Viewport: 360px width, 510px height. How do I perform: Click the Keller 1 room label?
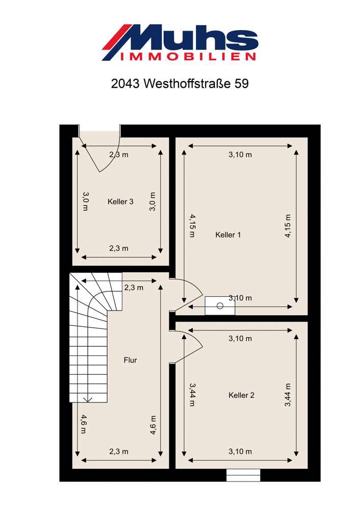pos(228,235)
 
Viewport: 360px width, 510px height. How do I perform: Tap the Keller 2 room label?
pos(241,395)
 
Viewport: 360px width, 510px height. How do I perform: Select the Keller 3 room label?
pos(120,201)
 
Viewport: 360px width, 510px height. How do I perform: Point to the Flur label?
pos(131,360)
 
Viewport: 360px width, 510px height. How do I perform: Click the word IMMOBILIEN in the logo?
pos(188,57)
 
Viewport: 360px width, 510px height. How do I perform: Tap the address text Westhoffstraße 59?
pos(196,84)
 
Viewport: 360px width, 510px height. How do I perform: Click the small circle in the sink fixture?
pos(220,305)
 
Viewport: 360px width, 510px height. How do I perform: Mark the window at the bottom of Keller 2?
pos(243,475)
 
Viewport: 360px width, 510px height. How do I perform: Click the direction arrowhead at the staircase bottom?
pos(88,400)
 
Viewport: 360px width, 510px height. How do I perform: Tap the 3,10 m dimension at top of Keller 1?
pos(240,155)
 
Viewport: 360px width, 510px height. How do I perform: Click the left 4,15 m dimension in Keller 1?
pos(193,225)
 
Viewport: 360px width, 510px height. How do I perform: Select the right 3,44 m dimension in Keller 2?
pos(288,395)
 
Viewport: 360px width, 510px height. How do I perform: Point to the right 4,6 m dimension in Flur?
pos(153,425)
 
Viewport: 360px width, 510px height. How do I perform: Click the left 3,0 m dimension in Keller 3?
pos(85,201)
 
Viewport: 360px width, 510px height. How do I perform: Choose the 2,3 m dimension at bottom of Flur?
pos(119,452)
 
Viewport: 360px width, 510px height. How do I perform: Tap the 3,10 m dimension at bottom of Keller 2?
pos(240,452)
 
